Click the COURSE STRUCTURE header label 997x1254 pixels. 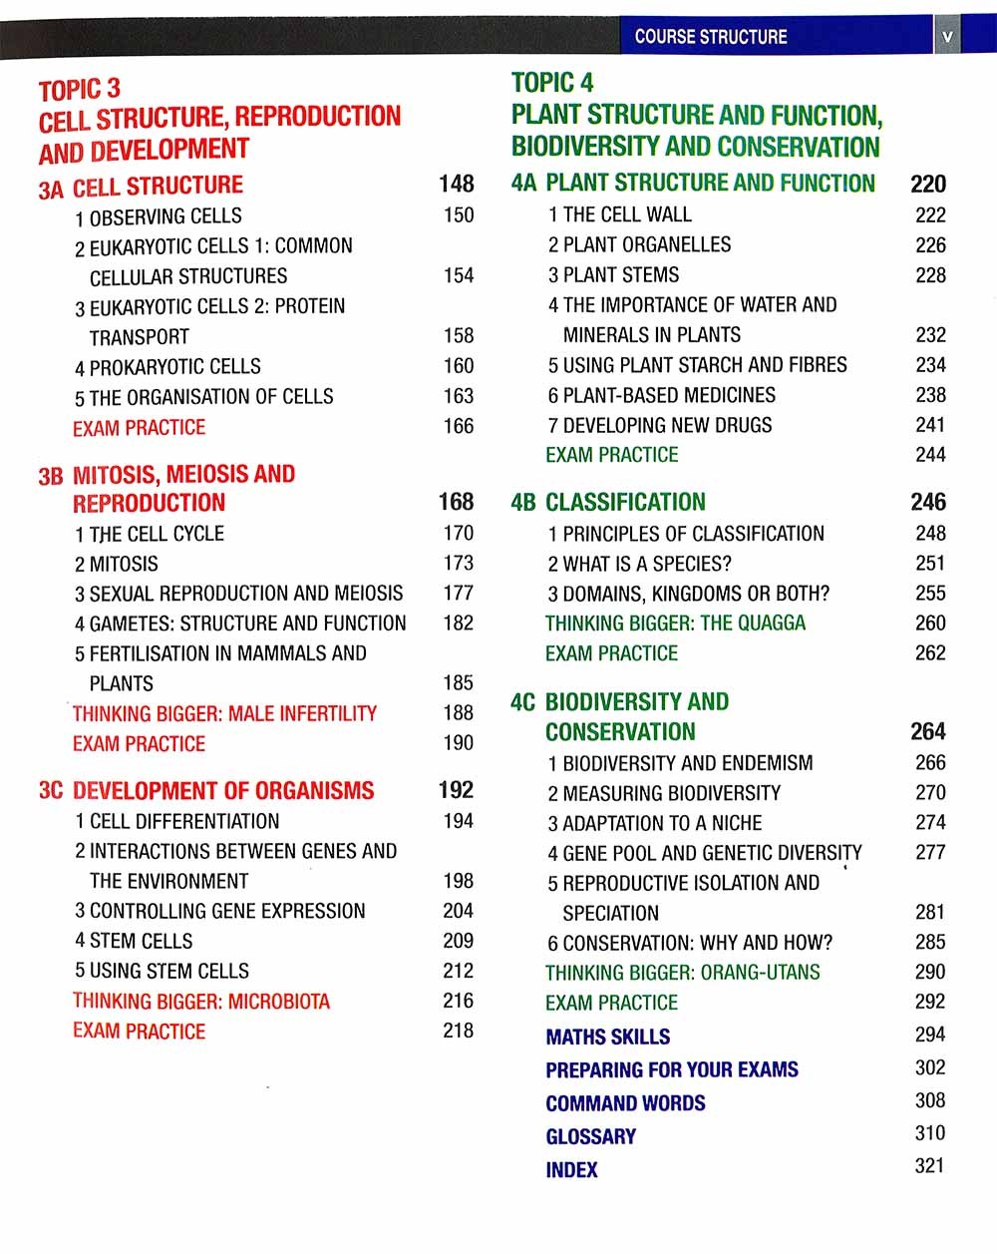click(710, 37)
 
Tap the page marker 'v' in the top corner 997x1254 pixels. click(947, 38)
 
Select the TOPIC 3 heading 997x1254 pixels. click(80, 90)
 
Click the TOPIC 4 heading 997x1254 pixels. click(552, 83)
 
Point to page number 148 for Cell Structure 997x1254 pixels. click(457, 185)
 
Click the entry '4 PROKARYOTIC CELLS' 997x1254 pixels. click(167, 367)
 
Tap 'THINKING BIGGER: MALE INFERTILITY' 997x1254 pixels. click(224, 714)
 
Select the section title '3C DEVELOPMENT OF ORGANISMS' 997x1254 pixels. click(206, 791)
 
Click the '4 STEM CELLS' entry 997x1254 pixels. click(134, 941)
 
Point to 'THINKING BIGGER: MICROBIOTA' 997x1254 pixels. click(200, 1002)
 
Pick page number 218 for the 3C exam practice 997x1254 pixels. click(459, 1031)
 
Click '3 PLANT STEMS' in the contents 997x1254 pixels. click(613, 275)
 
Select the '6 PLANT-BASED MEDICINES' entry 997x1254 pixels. click(661, 395)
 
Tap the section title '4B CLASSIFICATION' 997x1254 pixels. click(608, 502)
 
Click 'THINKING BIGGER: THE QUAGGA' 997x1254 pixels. click(675, 624)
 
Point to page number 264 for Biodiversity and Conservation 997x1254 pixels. click(928, 731)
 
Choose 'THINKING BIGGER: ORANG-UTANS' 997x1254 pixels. click(683, 973)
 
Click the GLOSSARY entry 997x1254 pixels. click(590, 1136)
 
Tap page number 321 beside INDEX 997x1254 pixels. click(929, 1166)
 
